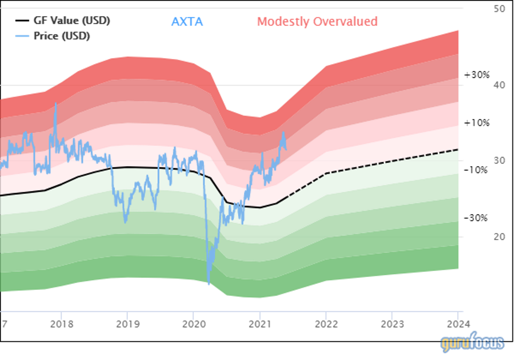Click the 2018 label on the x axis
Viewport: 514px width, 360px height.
[61, 325]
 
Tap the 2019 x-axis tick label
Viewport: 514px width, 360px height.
[127, 325]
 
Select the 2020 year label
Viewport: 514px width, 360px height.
[193, 325]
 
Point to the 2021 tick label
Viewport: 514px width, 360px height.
[259, 325]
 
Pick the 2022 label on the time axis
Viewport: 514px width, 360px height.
[326, 325]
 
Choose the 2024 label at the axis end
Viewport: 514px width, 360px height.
[458, 325]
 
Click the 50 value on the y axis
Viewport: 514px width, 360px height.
[499, 9]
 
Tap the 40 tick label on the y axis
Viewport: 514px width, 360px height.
[499, 85]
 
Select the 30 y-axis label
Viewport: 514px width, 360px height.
[499, 161]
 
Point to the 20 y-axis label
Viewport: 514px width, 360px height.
[499, 237]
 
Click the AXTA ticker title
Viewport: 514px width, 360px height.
[187, 22]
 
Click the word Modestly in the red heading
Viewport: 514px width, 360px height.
[283, 22]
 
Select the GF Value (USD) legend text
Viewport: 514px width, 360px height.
[70, 21]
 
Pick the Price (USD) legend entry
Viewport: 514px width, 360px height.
[60, 36]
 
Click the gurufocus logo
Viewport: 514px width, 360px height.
[472, 343]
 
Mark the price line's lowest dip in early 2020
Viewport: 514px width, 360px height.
[208, 284]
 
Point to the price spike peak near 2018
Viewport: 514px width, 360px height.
[56, 103]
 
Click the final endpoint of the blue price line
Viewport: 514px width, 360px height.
[285, 148]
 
